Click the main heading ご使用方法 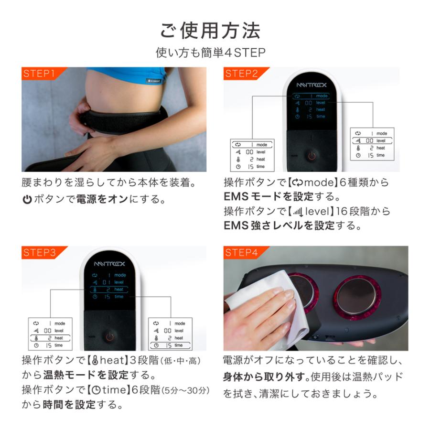pos(210,30)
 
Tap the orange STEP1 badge pos(39,74)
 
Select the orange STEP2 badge pos(242,74)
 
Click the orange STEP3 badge pos(39,253)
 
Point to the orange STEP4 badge pos(242,253)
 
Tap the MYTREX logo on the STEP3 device pos(108,262)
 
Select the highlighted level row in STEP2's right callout pos(371,140)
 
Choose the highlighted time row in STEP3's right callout pos(170,345)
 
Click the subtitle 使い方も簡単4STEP pos(210,53)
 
